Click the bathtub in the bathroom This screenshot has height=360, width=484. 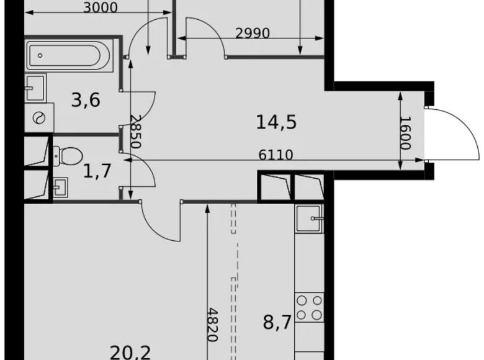pos(69,55)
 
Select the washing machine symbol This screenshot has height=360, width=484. pos(39,117)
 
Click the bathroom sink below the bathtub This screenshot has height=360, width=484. pos(36,88)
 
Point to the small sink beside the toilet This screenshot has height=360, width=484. pos(60,186)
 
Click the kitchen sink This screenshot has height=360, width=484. pos(309,218)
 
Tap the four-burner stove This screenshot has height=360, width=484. pos(309,307)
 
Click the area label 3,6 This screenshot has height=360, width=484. pos(86,99)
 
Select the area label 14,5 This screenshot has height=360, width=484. pos(276,122)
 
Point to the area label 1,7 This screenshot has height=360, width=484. pos(97,170)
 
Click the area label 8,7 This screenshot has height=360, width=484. pos(277,323)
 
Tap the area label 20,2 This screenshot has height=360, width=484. pos(130,352)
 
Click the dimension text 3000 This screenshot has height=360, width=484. pos(100,8)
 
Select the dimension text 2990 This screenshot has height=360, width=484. pos(253,34)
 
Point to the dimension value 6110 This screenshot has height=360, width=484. pos(276,155)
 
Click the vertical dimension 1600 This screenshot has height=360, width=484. pos(405,133)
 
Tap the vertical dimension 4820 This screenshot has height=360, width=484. pos(213,325)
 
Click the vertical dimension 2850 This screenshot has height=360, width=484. pos(135,132)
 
